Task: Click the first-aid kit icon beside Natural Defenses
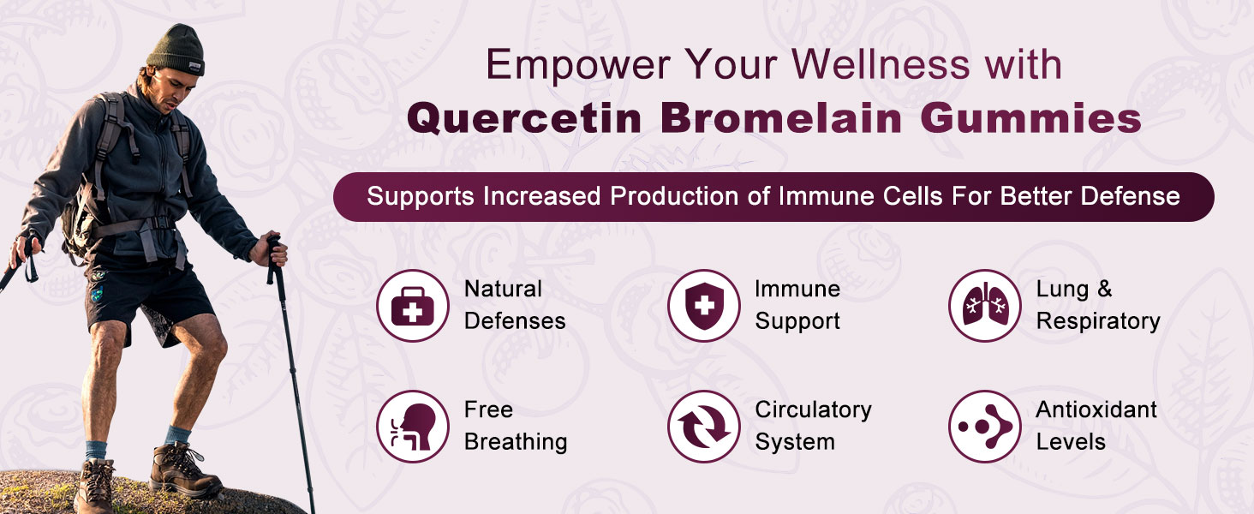(413, 306)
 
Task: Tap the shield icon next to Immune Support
(704, 306)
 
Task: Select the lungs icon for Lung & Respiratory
(985, 306)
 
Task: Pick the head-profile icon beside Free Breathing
(413, 426)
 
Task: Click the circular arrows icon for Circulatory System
(704, 426)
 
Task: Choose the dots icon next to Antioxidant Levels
(985, 426)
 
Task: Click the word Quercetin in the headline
(524, 119)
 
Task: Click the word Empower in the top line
(578, 66)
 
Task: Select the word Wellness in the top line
(881, 64)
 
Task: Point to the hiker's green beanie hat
(176, 50)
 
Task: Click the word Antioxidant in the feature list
(1096, 409)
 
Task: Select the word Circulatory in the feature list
(814, 410)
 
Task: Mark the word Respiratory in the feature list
(1098, 322)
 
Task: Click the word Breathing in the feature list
(516, 442)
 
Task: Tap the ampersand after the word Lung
(1104, 289)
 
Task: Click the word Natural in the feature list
(504, 289)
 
